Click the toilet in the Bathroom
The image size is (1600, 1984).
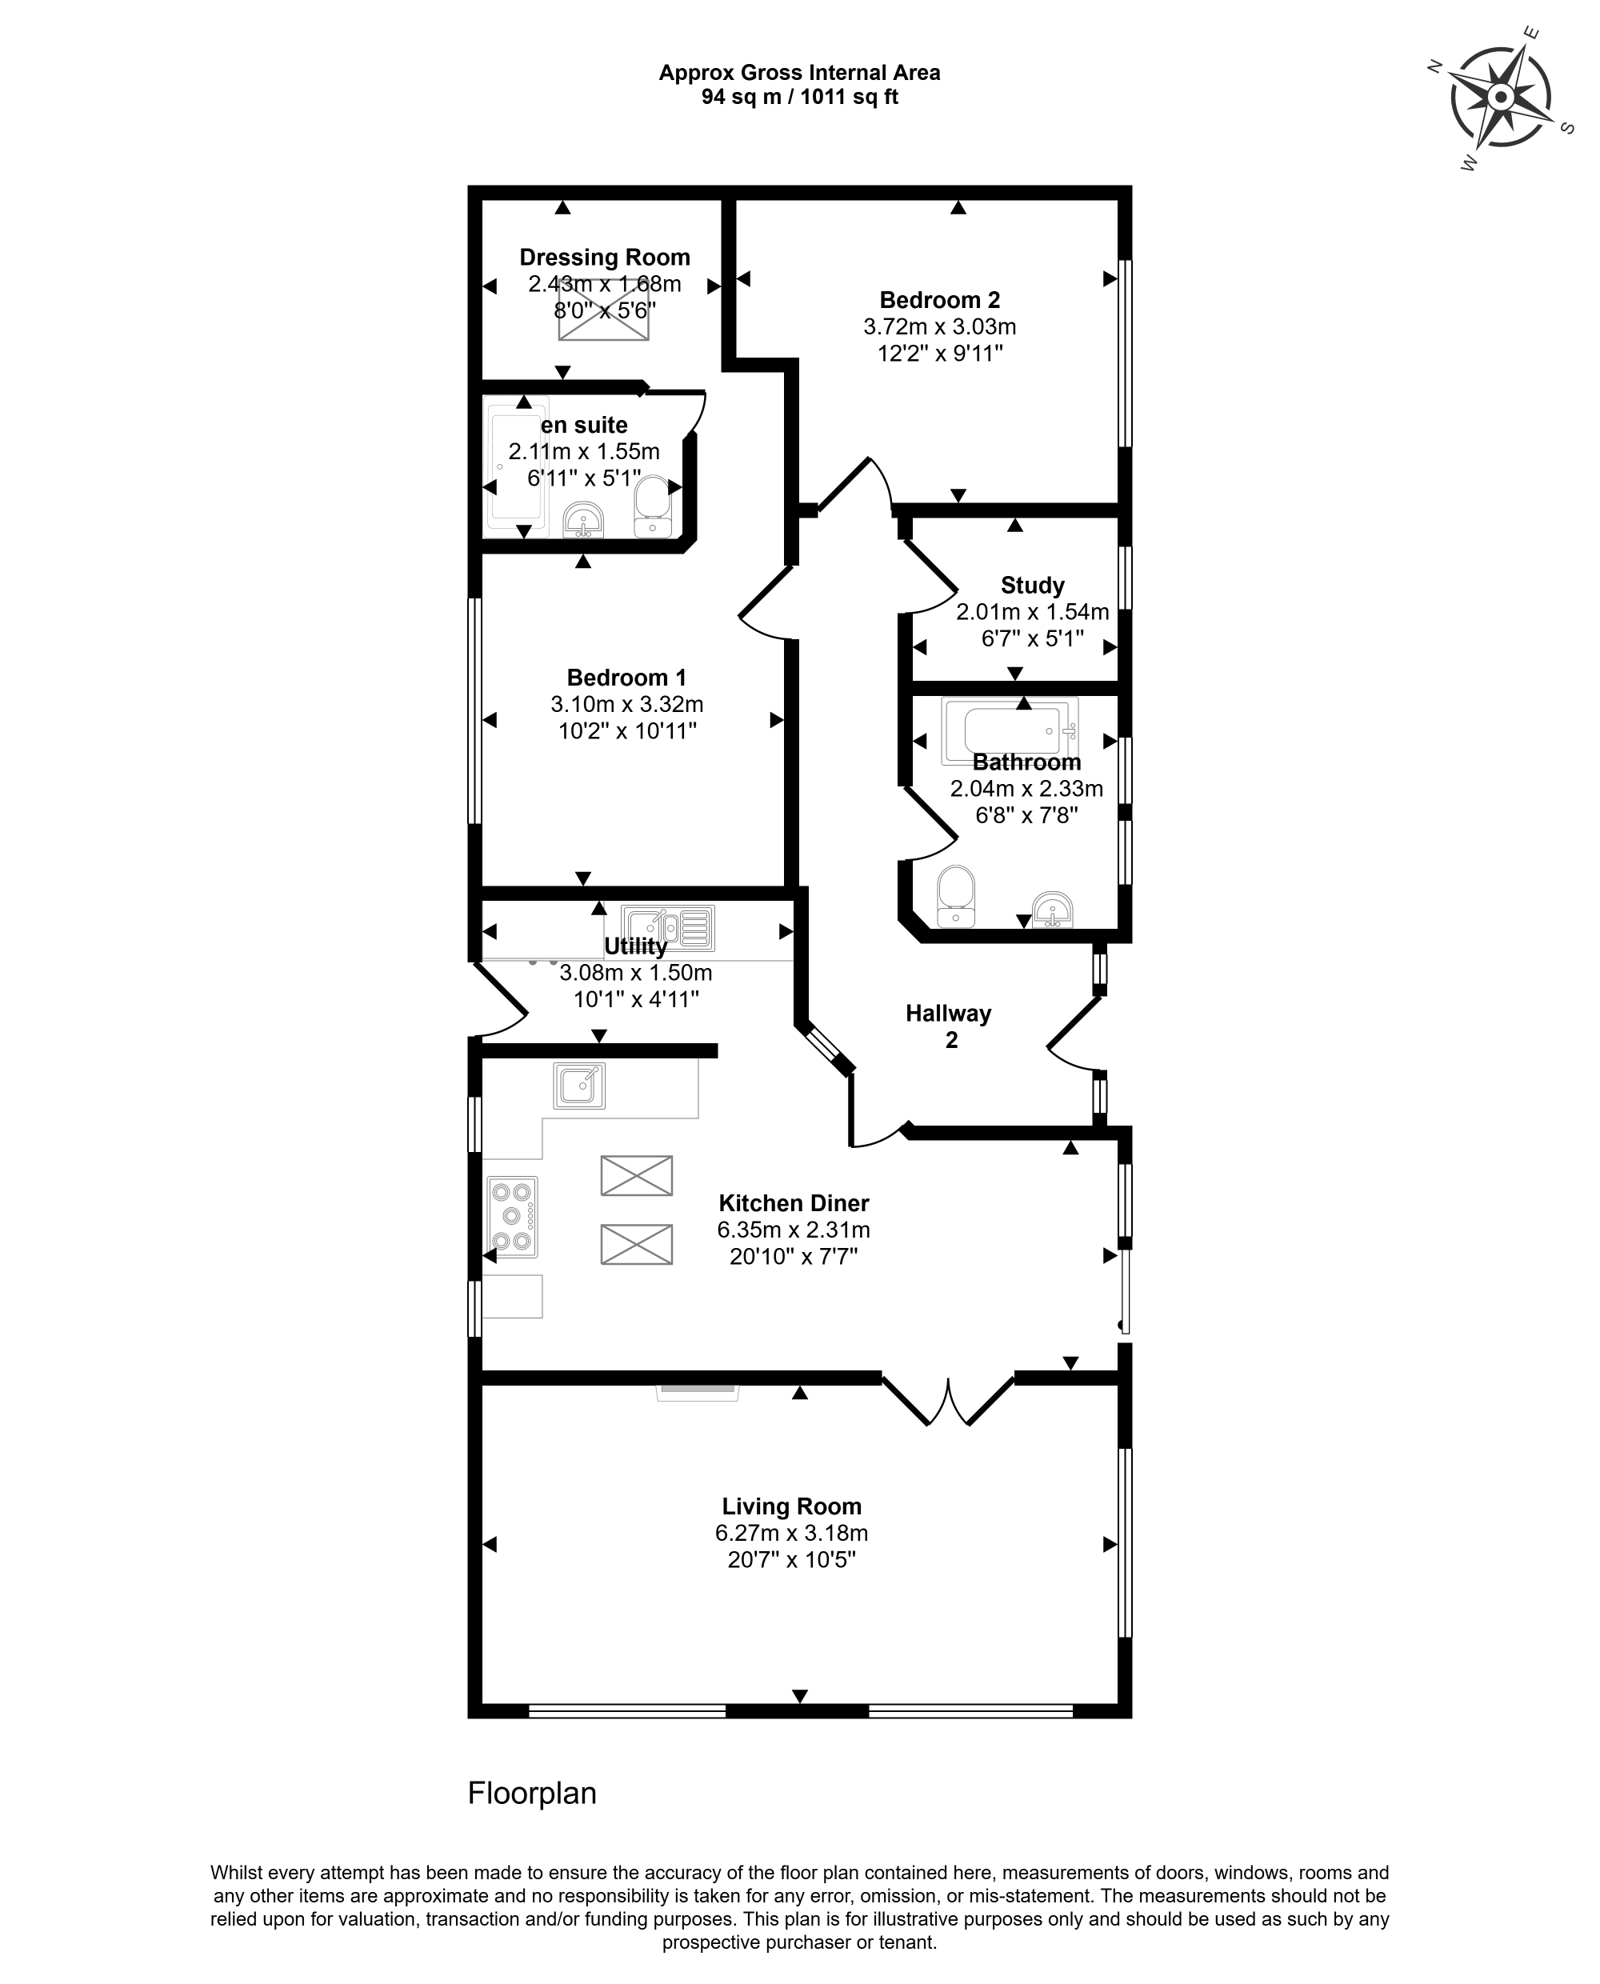tap(956, 894)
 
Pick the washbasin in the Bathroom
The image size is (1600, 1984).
tap(1052, 909)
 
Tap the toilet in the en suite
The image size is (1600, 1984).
tap(654, 506)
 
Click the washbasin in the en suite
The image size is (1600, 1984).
tap(582, 520)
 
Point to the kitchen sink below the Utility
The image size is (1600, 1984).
tap(580, 1085)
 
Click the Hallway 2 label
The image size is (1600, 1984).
tap(948, 1026)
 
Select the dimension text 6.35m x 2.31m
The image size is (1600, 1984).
tap(794, 1230)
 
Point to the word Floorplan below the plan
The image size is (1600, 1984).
tap(532, 1792)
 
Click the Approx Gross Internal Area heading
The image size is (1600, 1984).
tap(799, 73)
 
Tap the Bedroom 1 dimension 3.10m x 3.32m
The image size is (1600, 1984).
tap(626, 704)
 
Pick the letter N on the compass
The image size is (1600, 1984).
tap(1435, 66)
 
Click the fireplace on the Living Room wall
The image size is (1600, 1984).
tap(697, 1392)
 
